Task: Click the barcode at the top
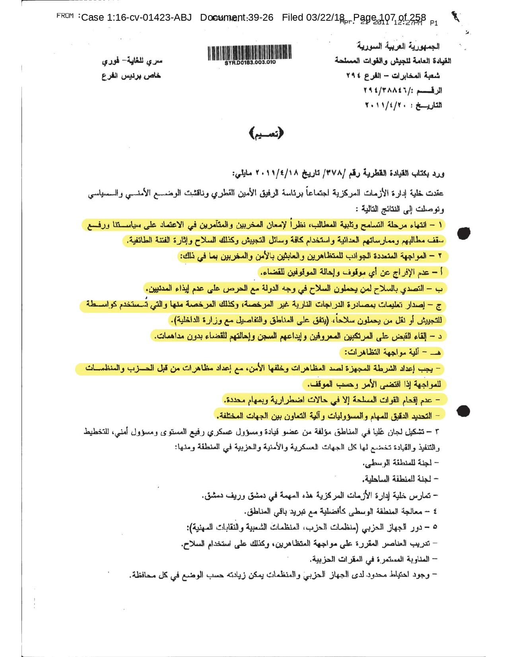249,53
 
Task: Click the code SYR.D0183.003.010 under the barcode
250,63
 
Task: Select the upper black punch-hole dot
464,234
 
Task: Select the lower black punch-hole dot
464,411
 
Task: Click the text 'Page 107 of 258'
389,18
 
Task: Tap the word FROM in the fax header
65,16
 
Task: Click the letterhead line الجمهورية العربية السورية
398,47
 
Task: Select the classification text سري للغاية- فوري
132,61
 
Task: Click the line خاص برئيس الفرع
131,76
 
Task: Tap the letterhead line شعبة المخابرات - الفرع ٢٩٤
393,76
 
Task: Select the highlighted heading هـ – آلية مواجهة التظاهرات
391,352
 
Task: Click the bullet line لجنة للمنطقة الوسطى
400,463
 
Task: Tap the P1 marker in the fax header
434,23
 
